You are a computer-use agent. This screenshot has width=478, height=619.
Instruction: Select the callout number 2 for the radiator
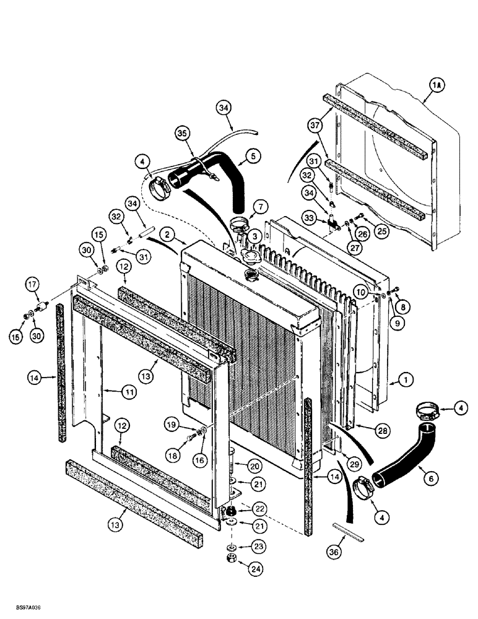point(165,233)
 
